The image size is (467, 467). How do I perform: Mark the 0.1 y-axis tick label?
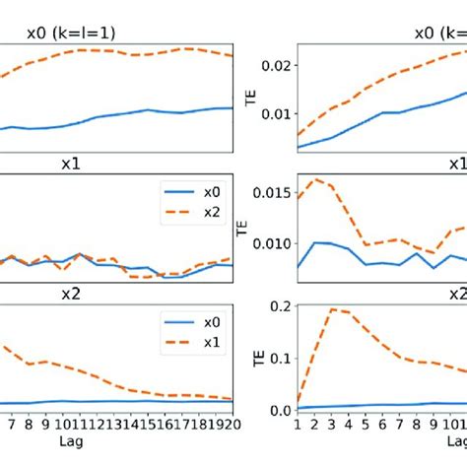tap(279, 359)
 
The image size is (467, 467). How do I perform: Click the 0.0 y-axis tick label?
tap(279, 410)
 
